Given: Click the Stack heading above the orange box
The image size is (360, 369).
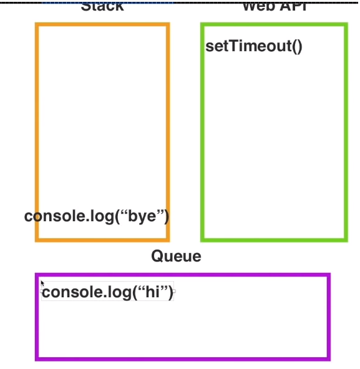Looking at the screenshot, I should (x=102, y=6).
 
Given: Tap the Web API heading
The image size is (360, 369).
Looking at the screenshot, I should (x=275, y=6).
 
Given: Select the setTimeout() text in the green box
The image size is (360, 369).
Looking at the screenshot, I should (x=254, y=47).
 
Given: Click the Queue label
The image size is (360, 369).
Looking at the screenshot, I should (x=176, y=256).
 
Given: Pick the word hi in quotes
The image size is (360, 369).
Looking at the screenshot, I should (x=153, y=292).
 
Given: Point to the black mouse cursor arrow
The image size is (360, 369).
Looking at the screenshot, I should (x=42, y=283).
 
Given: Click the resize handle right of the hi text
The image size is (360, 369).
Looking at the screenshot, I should (x=174, y=291).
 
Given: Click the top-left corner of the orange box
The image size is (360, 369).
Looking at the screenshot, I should (x=37, y=25).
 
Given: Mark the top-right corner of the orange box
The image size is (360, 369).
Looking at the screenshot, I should (x=168, y=25).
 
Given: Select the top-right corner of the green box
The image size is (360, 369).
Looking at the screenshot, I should (x=345, y=25).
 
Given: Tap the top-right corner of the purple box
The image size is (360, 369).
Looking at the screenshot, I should (x=328, y=275).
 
